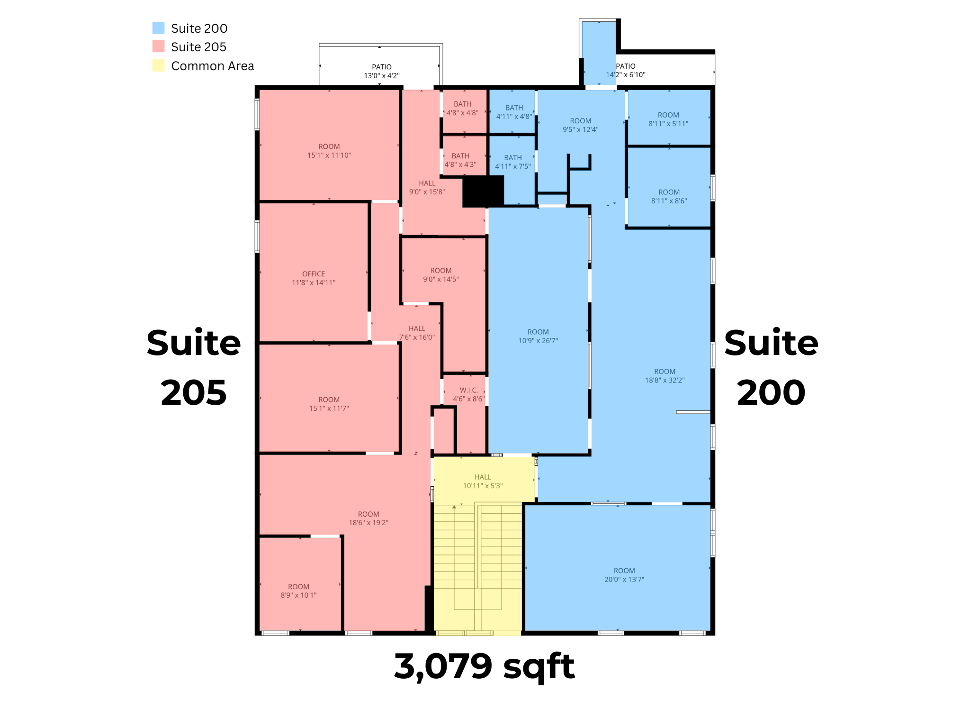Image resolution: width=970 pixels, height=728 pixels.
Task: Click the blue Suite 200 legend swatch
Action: [x=158, y=28]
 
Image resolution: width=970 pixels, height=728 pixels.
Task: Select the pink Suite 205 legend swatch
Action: [x=158, y=46]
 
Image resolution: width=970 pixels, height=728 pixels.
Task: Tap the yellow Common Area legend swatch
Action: [x=158, y=65]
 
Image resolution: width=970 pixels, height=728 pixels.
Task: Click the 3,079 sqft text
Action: [x=484, y=667]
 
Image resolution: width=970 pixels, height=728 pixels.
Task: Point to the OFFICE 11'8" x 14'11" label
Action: [x=314, y=278]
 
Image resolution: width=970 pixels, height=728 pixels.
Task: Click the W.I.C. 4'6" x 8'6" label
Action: [x=469, y=394]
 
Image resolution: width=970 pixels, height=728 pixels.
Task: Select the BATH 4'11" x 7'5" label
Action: [x=513, y=162]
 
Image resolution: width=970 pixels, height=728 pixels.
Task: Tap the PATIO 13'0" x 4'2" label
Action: [x=382, y=71]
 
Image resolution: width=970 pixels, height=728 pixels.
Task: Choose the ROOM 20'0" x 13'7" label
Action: [x=624, y=575]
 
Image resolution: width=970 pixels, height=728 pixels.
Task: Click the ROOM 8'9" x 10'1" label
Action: [x=298, y=591]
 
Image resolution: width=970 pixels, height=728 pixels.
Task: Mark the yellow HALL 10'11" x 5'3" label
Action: [x=483, y=482]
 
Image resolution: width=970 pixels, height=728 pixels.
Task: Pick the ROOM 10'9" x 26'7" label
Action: [x=538, y=336]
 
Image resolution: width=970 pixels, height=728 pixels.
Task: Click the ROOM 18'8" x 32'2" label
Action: [x=665, y=376]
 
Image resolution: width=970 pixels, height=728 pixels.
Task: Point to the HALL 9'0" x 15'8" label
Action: [x=427, y=188]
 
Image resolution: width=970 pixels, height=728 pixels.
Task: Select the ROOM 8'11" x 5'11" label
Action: [x=668, y=119]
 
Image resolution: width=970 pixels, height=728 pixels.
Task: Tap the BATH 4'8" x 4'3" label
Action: [x=460, y=160]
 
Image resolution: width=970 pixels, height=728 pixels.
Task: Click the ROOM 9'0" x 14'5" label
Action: [x=441, y=275]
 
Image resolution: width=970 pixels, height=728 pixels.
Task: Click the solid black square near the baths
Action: [x=483, y=191]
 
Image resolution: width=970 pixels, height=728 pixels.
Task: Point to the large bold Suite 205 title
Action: [x=194, y=367]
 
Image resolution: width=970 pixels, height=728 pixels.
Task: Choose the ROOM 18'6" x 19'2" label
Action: [x=368, y=519]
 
